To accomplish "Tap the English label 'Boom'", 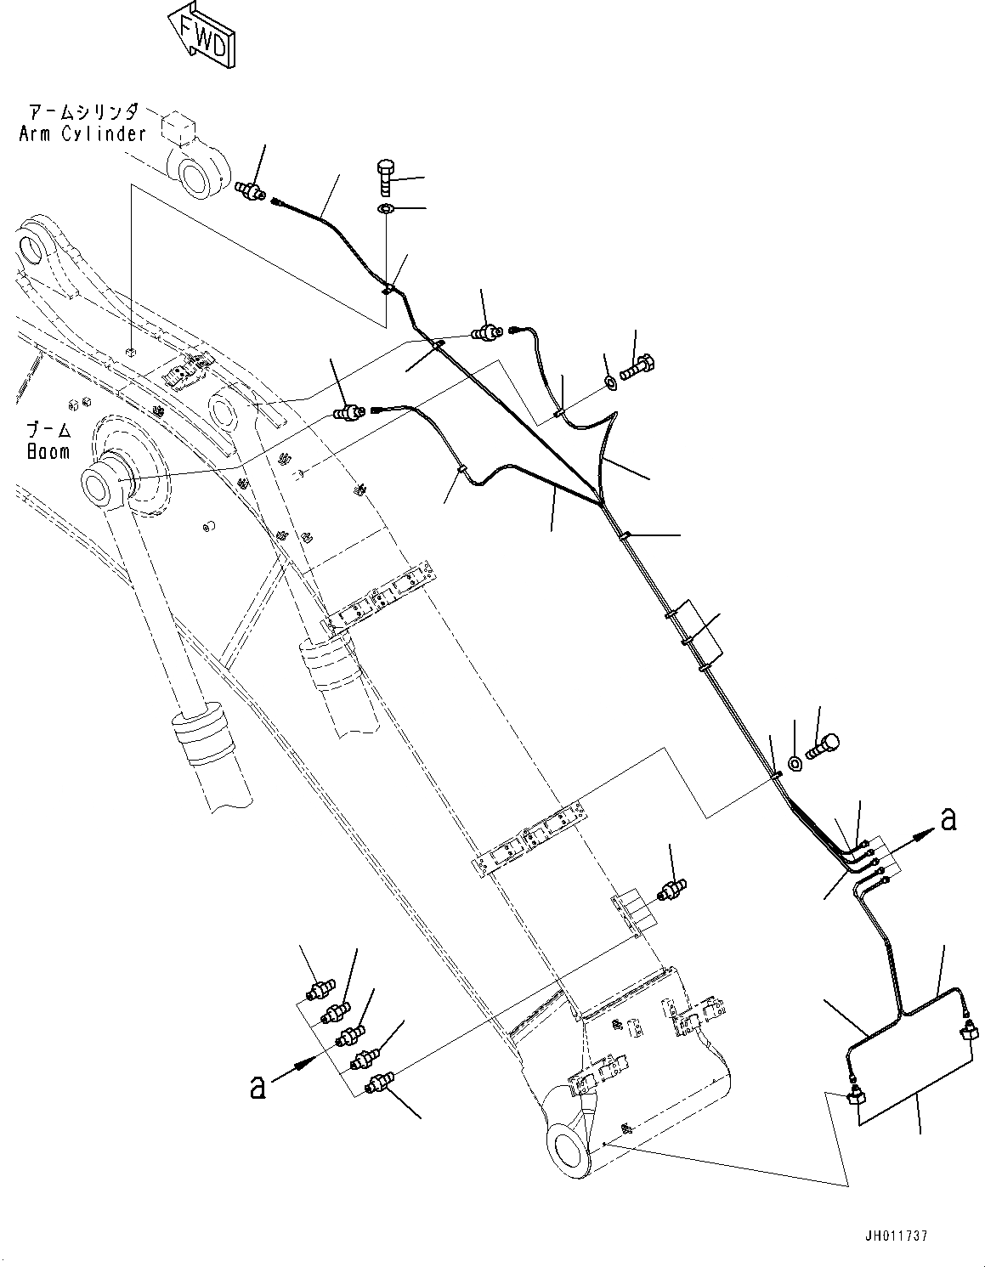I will (48, 452).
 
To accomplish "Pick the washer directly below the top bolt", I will (385, 209).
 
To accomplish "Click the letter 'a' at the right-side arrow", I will (949, 819).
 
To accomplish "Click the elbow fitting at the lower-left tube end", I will (855, 1096).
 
